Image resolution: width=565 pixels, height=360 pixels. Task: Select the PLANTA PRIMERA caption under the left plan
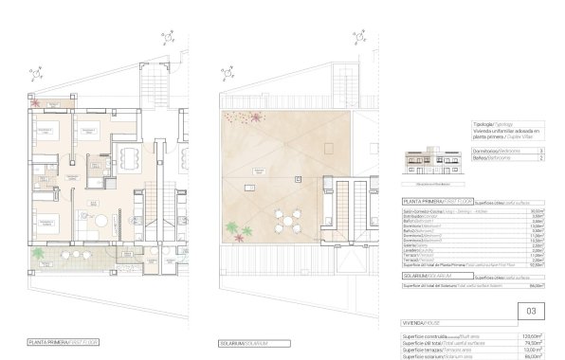(x=64, y=342)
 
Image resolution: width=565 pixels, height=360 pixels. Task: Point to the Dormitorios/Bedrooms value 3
(x=540, y=152)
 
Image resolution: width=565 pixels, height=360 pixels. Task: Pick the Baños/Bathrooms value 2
(x=540, y=159)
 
